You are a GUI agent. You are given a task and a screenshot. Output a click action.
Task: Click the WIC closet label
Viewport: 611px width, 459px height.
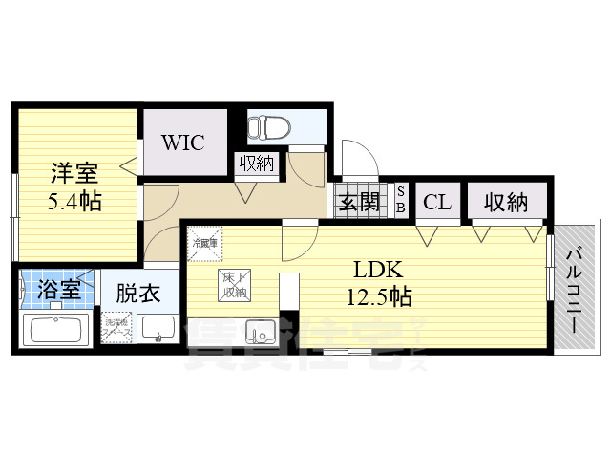183,142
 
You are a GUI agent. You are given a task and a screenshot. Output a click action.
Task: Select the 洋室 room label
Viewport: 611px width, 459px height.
74,175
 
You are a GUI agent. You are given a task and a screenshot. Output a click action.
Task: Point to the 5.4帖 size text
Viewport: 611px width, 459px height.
74,202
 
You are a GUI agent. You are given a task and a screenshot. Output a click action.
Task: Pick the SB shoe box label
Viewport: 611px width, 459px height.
401,201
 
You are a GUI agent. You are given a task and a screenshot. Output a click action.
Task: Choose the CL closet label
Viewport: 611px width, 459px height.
437,202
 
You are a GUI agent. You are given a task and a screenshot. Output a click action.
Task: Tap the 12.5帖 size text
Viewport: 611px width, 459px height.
380,296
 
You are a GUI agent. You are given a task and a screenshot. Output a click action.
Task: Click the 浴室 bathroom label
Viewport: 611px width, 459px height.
59,291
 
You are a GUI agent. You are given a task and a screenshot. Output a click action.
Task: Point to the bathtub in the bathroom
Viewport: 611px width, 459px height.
56,330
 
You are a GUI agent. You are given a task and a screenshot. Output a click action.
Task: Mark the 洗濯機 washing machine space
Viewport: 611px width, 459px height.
117,328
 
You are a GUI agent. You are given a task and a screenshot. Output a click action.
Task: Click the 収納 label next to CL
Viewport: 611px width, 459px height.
506,202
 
